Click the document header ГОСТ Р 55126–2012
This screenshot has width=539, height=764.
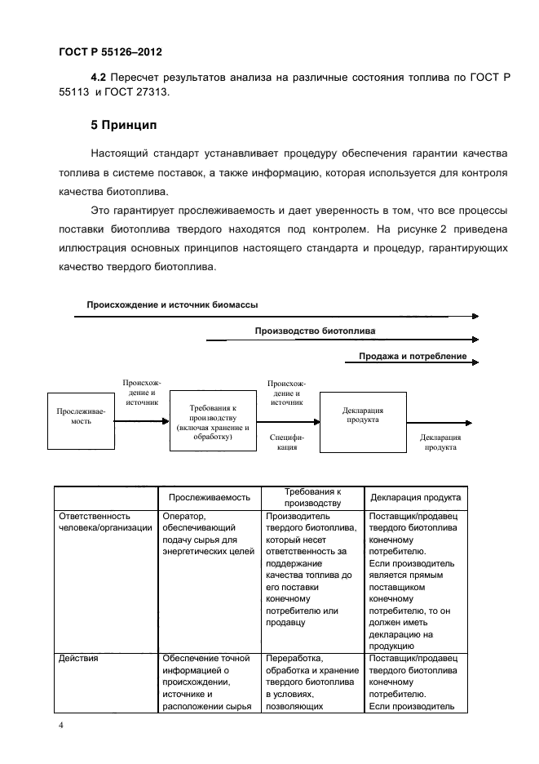point(111,52)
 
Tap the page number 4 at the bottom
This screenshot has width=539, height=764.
point(60,725)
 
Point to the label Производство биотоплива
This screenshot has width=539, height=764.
point(315,331)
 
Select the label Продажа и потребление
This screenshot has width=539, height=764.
point(413,356)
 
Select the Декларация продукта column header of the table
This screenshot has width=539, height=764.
point(416,497)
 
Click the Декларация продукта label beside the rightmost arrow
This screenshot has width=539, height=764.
point(440,442)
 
